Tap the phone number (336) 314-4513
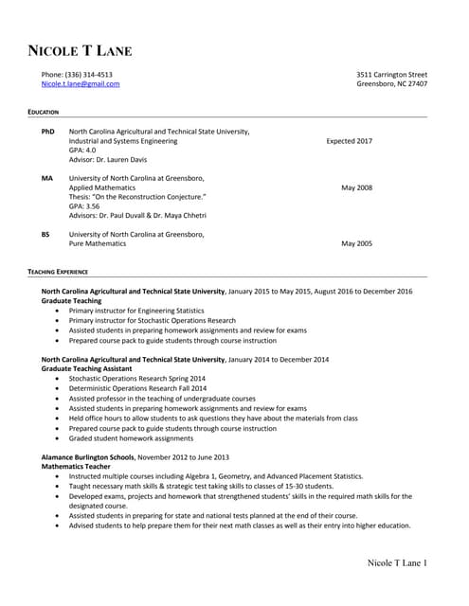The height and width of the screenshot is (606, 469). pyautogui.click(x=76, y=74)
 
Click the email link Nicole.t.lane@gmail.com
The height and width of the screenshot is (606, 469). pyautogui.click(x=80, y=83)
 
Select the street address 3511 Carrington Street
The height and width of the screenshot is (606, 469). pyautogui.click(x=391, y=74)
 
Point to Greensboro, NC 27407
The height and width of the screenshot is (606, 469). pyautogui.click(x=391, y=83)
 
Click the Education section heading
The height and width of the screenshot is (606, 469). pyautogui.click(x=44, y=113)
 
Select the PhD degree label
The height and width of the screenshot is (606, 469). pyautogui.click(x=48, y=132)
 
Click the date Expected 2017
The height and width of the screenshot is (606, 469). pyautogui.click(x=349, y=141)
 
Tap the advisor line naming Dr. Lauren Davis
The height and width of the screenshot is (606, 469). pyautogui.click(x=108, y=159)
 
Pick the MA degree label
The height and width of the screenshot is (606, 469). pyautogui.click(x=47, y=178)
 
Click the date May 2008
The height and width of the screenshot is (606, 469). pyautogui.click(x=356, y=187)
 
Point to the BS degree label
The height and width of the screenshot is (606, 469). pyautogui.click(x=46, y=234)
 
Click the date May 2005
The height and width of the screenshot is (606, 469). pyautogui.click(x=356, y=243)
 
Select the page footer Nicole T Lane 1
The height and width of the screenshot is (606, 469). pyautogui.click(x=397, y=564)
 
